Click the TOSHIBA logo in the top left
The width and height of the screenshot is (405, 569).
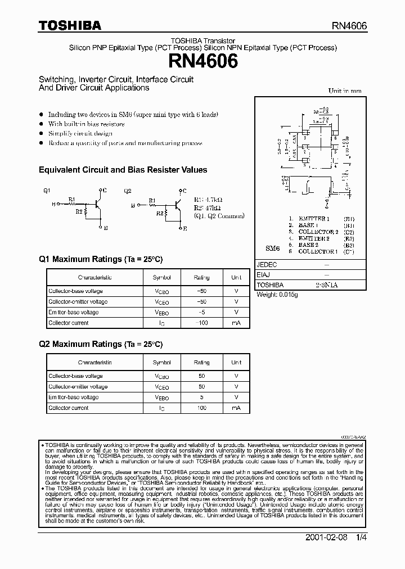70,25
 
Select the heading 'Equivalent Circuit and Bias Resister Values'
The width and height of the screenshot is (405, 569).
123,170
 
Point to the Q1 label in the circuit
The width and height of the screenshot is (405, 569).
47,191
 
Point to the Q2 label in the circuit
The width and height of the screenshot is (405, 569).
128,191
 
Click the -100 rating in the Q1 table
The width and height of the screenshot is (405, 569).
201,323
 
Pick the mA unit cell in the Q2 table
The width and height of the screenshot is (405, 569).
236,408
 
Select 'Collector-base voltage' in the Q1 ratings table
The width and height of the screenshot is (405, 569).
75,291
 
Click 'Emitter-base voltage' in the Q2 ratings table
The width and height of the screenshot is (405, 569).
73,398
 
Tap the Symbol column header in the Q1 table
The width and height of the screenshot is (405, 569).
161,277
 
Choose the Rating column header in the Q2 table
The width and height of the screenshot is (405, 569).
201,363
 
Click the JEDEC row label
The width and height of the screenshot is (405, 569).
267,265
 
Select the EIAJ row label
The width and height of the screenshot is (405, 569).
263,275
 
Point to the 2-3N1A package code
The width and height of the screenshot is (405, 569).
326,285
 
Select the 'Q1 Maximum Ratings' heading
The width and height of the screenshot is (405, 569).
100,259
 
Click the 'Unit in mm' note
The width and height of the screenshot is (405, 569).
345,91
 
